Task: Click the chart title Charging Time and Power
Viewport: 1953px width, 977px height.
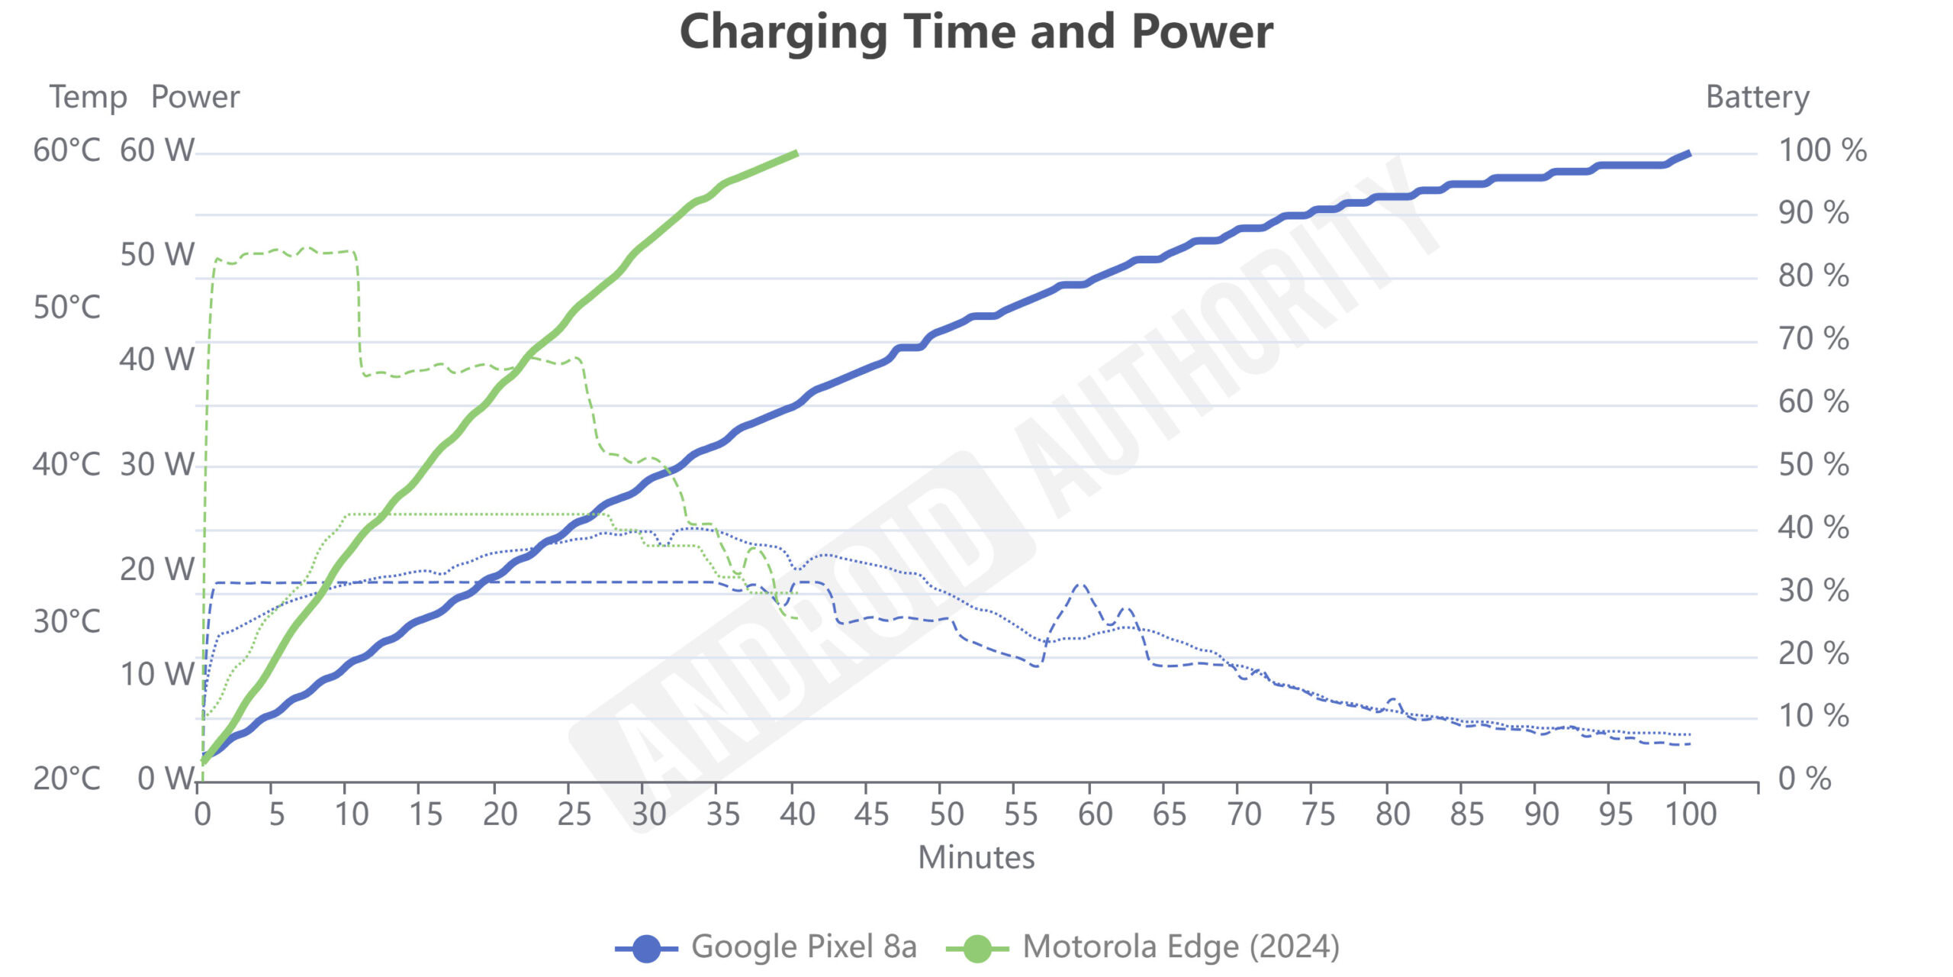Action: [976, 32]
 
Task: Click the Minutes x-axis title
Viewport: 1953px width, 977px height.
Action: [976, 857]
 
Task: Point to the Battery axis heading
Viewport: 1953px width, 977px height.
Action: [1757, 97]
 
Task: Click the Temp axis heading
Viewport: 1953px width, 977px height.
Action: [88, 97]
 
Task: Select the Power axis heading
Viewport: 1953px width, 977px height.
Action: [195, 97]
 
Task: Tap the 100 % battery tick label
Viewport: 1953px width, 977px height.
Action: [1823, 150]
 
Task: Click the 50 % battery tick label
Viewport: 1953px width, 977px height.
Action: [1813, 465]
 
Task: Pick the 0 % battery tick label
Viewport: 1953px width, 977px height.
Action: [1804, 779]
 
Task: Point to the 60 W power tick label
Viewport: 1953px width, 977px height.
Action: [157, 150]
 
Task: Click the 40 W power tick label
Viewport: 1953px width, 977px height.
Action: [157, 360]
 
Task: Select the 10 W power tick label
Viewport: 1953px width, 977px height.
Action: [157, 675]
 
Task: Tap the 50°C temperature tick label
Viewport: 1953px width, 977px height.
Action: [67, 308]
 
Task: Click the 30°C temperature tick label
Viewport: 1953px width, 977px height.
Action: [67, 622]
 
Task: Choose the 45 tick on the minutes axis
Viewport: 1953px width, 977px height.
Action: [871, 814]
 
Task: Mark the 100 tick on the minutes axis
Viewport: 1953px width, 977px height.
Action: [1691, 814]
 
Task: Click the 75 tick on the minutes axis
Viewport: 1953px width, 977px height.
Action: [1318, 814]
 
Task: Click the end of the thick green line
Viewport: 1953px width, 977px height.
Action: [796, 153]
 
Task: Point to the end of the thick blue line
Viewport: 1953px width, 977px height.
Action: [1689, 153]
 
